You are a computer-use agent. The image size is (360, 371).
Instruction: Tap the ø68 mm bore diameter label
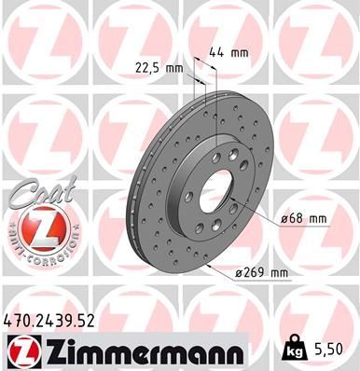[304, 219]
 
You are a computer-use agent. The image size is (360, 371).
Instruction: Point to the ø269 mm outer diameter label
[263, 273]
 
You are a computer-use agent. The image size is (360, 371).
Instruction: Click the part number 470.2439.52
[49, 320]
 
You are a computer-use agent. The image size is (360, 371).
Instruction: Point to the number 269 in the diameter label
[256, 273]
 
